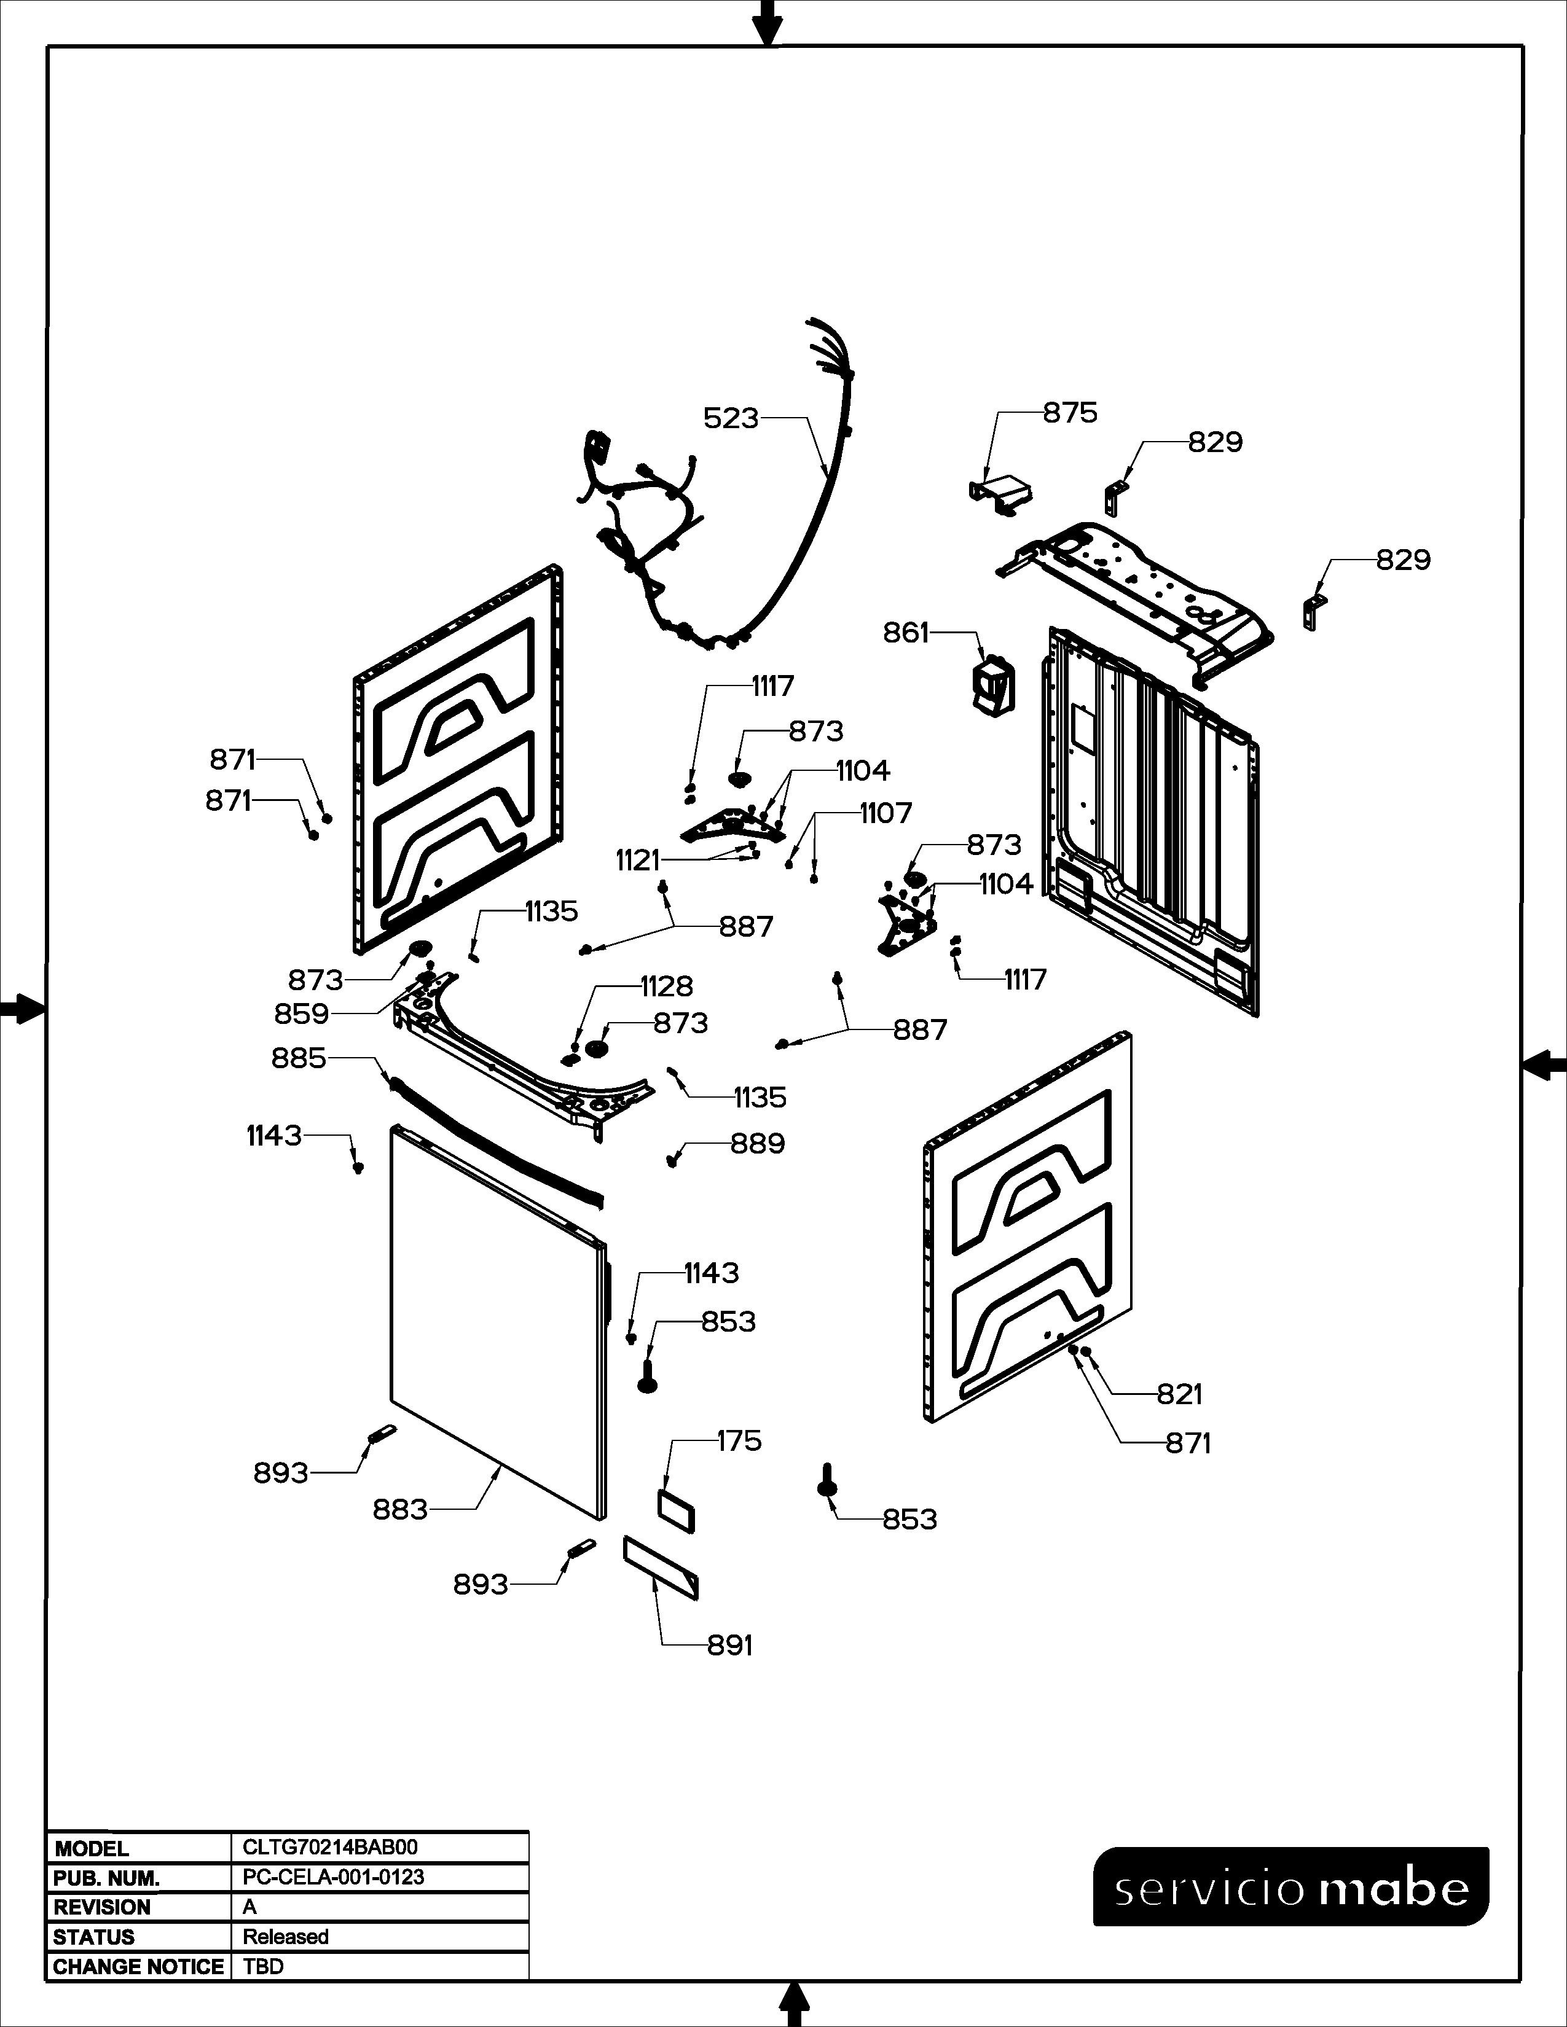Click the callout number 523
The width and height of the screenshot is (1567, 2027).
(731, 418)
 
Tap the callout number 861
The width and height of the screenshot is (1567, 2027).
(905, 633)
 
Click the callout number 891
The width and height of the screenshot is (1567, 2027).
(729, 1646)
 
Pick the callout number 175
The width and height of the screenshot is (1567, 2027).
(739, 1442)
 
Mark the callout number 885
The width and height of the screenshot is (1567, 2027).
(299, 1058)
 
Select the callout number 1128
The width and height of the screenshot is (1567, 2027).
(667, 986)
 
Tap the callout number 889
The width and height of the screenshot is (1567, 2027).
(758, 1144)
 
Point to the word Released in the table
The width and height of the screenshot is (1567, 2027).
(286, 1937)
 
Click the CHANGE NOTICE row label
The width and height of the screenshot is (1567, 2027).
(138, 1967)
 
